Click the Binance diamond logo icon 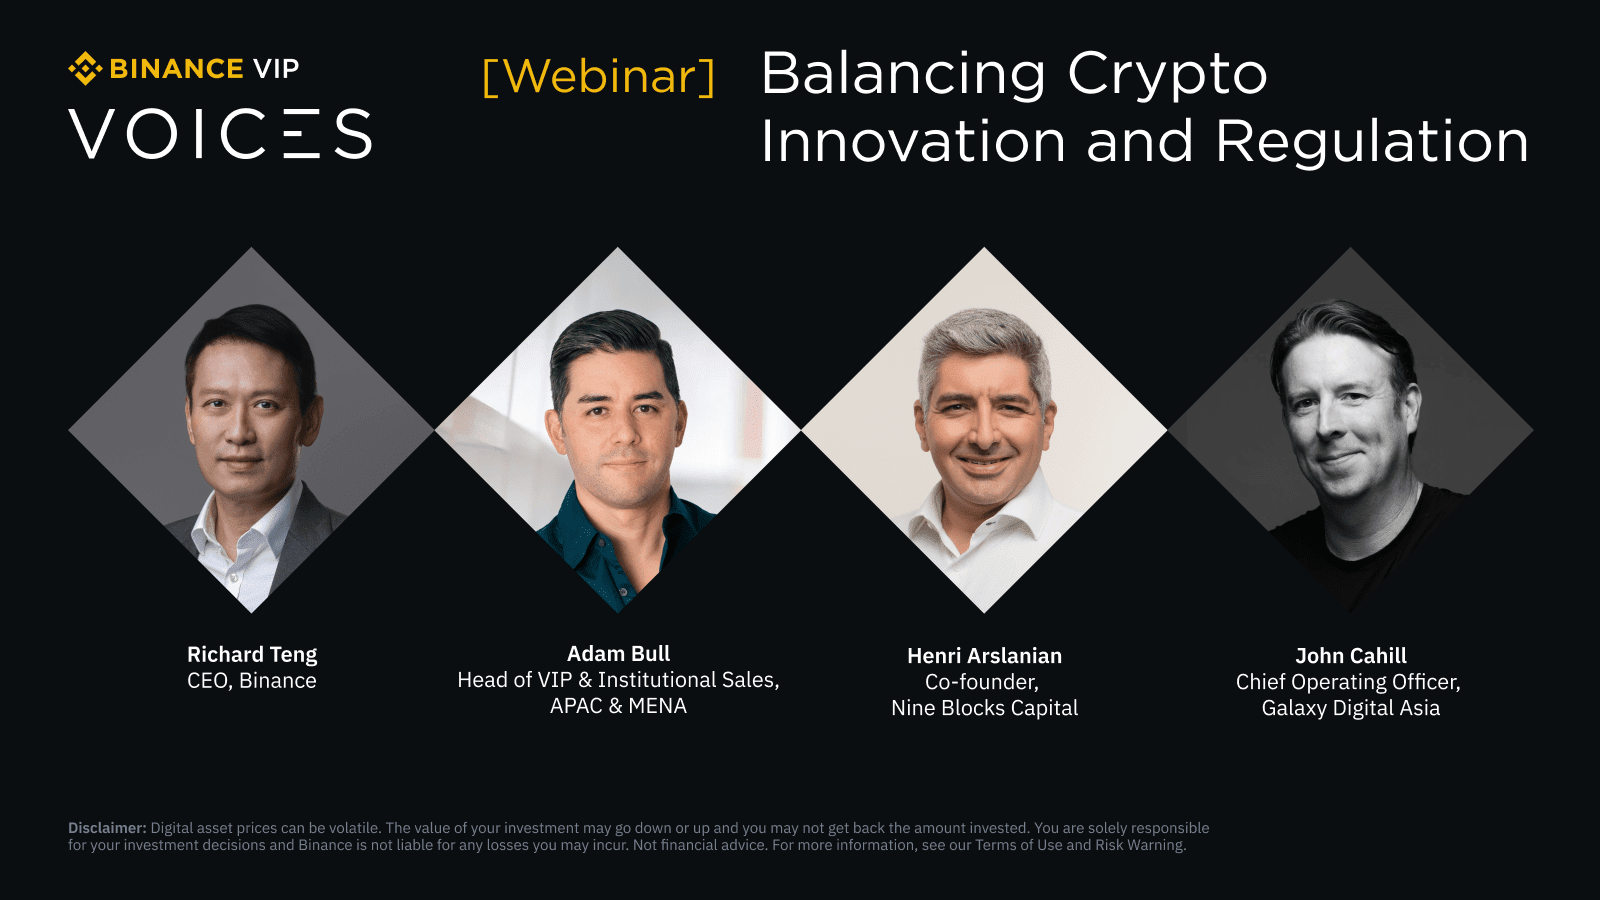(85, 69)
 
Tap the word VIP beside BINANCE (276, 69)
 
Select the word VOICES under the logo (221, 135)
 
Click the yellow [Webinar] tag (599, 77)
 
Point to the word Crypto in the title (1167, 75)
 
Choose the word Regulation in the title (1372, 142)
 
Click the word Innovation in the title (913, 142)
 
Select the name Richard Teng (252, 655)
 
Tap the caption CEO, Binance (252, 681)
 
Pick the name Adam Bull (618, 654)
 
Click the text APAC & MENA (618, 706)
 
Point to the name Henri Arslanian (984, 656)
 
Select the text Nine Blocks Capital (984, 708)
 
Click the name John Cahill (1350, 656)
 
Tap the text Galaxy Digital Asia (1350, 708)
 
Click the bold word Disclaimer (107, 828)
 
